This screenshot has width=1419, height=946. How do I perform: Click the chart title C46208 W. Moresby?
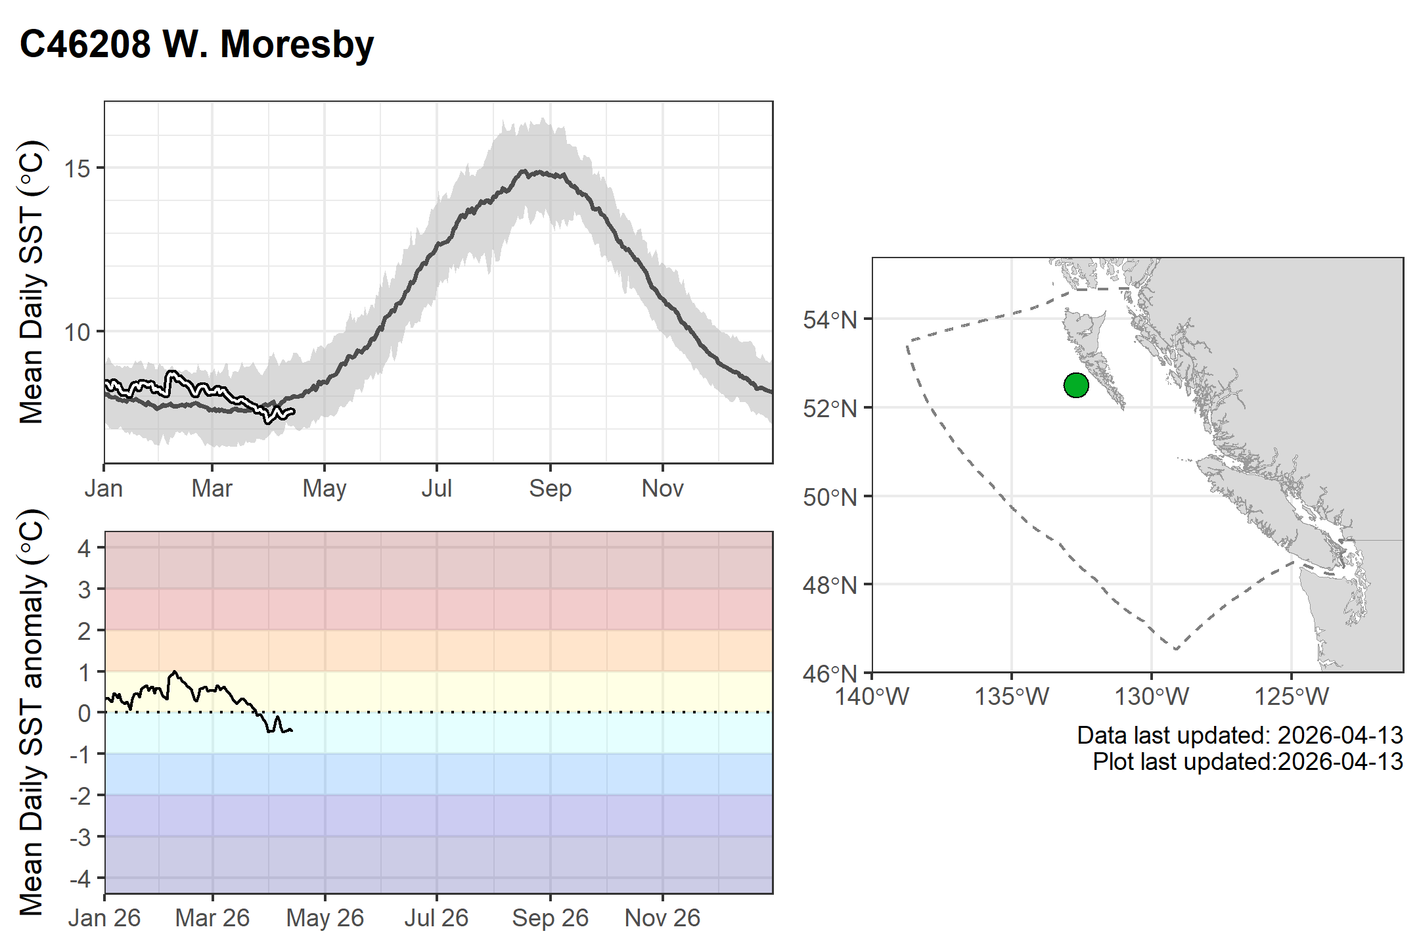click(196, 45)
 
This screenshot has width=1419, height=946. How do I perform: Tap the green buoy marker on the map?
click(1076, 385)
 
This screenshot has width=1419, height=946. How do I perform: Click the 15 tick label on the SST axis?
click(77, 169)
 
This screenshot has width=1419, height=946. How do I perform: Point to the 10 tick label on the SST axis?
click(77, 332)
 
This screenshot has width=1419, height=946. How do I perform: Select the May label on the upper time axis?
click(325, 489)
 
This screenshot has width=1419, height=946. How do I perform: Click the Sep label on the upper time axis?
click(551, 489)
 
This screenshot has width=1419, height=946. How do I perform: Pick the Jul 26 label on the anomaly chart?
click(436, 918)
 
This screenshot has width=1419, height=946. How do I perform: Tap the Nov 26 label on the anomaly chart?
click(662, 918)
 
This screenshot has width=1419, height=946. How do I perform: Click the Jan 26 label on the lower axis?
click(104, 918)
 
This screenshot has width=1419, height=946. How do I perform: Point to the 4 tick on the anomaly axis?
click(84, 548)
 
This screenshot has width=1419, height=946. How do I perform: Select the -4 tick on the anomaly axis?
click(80, 878)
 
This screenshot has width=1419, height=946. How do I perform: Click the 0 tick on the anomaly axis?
click(84, 713)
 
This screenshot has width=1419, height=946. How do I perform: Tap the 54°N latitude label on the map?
click(830, 321)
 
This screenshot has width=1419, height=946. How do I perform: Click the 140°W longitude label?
click(872, 696)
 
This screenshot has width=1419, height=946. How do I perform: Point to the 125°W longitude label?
click(1292, 696)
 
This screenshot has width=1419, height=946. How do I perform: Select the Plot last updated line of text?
click(1248, 761)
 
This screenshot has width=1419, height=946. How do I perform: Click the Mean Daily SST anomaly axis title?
click(32, 712)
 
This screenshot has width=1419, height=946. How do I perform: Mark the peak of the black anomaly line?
click(174, 671)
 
